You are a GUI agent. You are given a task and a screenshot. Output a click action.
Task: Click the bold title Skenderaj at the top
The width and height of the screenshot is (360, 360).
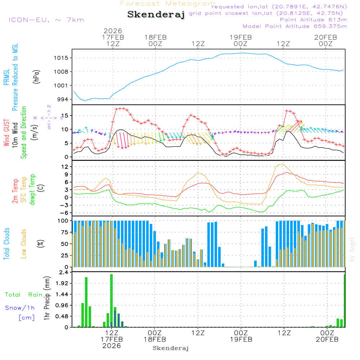[x=156, y=15]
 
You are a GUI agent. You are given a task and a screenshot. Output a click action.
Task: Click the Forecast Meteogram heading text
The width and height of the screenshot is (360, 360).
[x=168, y=4]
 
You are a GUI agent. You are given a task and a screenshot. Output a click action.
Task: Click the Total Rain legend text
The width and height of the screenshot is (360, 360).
[x=24, y=295]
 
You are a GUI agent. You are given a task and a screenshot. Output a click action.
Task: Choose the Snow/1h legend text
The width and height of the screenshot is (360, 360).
[x=20, y=308]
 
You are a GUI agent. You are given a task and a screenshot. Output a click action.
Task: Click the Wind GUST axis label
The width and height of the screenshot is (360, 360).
[x=6, y=133]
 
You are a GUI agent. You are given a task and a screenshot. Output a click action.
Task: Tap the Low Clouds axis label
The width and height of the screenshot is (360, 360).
[x=24, y=244]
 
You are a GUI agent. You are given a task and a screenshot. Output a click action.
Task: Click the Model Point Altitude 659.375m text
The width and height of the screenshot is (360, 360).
[x=295, y=26]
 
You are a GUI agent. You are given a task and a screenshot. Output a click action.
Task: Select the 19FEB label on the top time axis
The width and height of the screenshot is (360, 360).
[x=240, y=37]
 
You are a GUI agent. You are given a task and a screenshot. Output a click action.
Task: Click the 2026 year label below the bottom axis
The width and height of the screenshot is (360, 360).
[x=112, y=346]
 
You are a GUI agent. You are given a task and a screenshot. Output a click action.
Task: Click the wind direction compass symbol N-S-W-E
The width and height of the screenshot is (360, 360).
[x=49, y=117]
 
